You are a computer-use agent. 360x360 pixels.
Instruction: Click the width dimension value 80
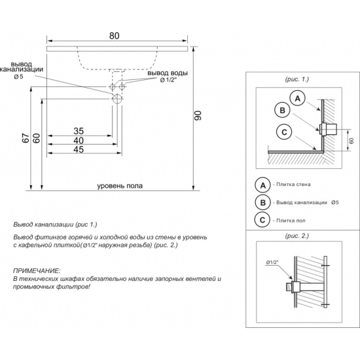point(114,36)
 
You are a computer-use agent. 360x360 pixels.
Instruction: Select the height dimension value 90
point(198,115)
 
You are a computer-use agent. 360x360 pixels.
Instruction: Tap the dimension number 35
point(79,131)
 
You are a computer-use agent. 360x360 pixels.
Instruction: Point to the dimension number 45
point(79,149)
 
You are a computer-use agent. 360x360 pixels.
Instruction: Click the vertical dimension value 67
point(26,138)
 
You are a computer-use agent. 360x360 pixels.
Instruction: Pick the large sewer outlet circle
point(117,98)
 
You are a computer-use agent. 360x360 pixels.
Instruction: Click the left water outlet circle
point(113,87)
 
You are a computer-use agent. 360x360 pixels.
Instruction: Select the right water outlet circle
point(122,87)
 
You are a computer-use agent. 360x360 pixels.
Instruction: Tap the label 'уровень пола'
point(120,186)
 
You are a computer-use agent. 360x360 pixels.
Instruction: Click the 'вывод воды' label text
point(168,73)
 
